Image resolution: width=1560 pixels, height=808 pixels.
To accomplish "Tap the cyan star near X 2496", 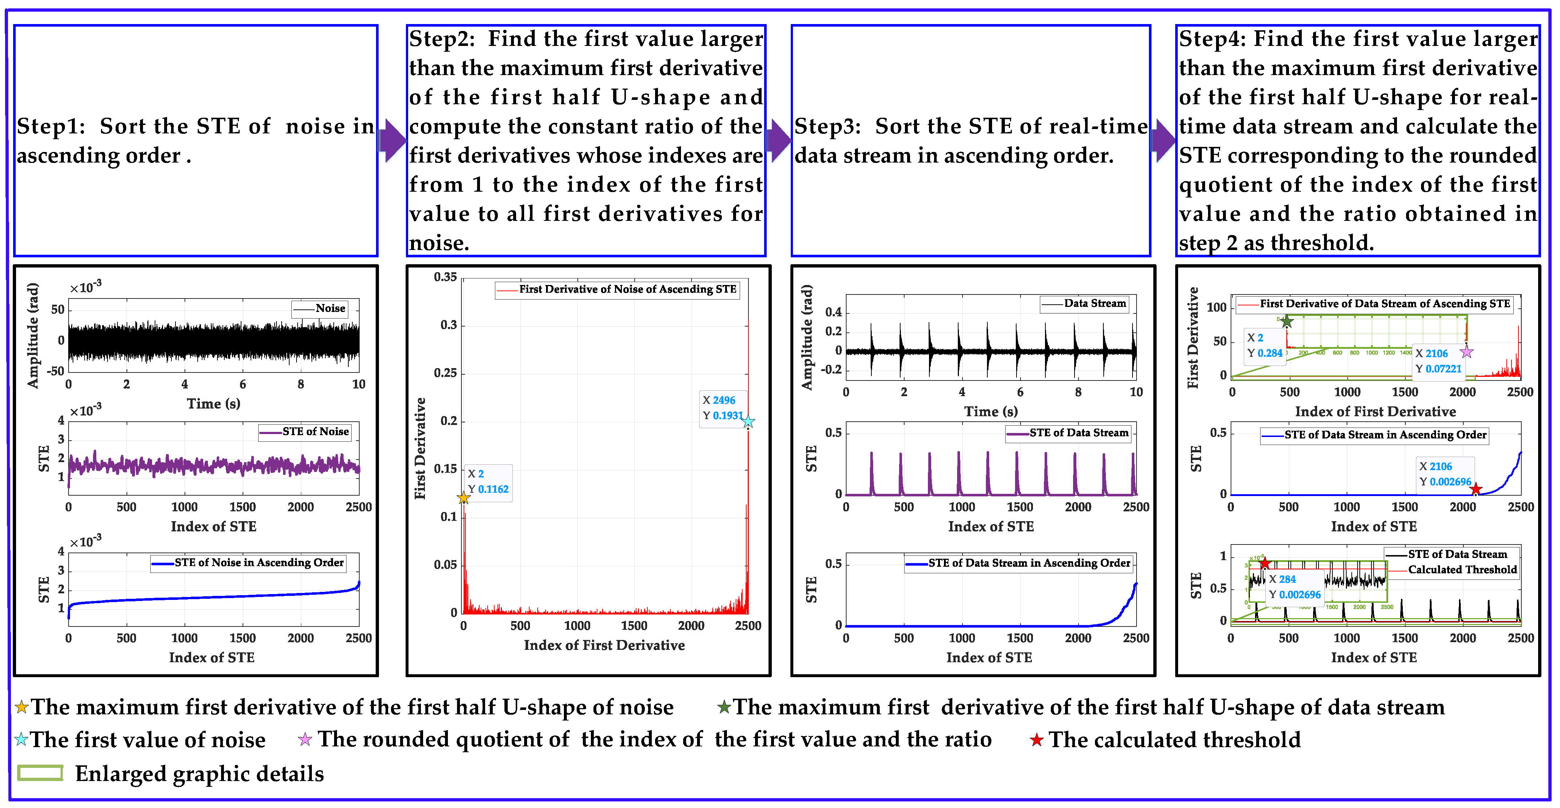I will pyautogui.click(x=748, y=422).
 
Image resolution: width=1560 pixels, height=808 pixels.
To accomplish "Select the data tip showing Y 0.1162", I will pyautogui.click(x=488, y=482).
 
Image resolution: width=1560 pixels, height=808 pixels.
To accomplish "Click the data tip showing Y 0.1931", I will pyautogui.click(x=722, y=408).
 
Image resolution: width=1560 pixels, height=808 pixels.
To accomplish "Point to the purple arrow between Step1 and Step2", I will pyautogui.click(x=392, y=140).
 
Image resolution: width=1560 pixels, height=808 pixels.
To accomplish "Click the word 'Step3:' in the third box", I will pyautogui.click(x=827, y=126).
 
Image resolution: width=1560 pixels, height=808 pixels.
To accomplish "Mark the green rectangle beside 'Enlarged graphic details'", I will pyautogui.click(x=40, y=773).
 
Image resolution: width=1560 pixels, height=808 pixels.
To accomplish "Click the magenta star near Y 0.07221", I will pyautogui.click(x=1466, y=352).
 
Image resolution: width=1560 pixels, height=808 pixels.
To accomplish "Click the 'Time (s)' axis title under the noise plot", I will pyautogui.click(x=213, y=404).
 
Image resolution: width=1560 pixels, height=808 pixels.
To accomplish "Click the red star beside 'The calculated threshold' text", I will pyautogui.click(x=1036, y=739).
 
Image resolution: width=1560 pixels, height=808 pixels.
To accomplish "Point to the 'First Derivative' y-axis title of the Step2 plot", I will pyautogui.click(x=420, y=448).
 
